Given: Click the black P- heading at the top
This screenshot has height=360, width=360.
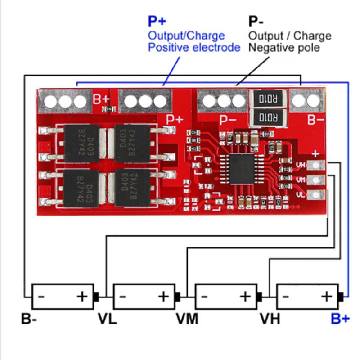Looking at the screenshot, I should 256,21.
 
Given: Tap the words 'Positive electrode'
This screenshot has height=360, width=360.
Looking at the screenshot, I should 194,47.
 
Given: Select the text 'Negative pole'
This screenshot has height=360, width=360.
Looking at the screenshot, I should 284,47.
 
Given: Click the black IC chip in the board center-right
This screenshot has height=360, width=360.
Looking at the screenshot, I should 242,168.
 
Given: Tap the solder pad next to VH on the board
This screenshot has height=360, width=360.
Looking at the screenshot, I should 317,165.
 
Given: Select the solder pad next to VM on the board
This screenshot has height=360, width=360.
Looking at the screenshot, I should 317,180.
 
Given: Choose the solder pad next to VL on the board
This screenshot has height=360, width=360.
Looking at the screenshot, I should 317,195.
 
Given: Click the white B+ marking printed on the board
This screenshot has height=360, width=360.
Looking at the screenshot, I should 101,99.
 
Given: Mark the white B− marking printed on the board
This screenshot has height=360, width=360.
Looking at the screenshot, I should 315,120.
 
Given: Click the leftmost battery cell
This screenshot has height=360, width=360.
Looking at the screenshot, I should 63,296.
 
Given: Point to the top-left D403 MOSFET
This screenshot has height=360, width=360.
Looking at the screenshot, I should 82,143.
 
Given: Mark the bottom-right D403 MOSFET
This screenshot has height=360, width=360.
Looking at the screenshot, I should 132,187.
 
